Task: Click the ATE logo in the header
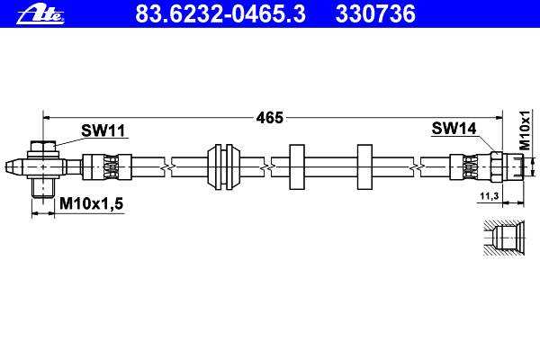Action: (40, 15)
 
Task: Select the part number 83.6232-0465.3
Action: (220, 14)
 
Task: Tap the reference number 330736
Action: (375, 14)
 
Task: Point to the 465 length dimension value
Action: (269, 118)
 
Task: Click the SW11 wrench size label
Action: (103, 130)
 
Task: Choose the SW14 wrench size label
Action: (454, 129)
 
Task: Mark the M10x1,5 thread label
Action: (91, 203)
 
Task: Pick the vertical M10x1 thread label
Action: (524, 130)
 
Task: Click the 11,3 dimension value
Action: (490, 196)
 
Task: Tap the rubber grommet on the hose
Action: (223, 167)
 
